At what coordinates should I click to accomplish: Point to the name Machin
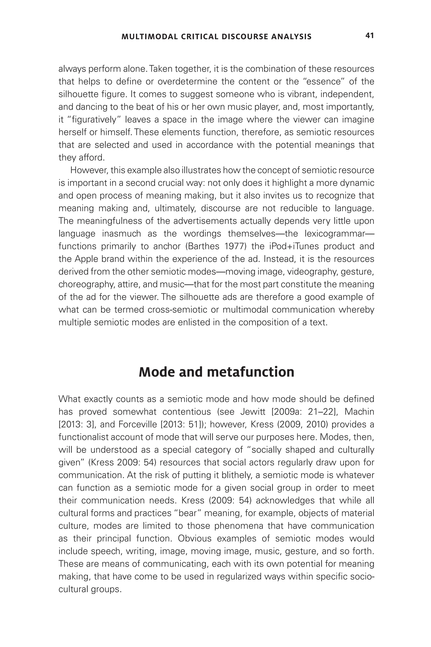pos(359,412)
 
